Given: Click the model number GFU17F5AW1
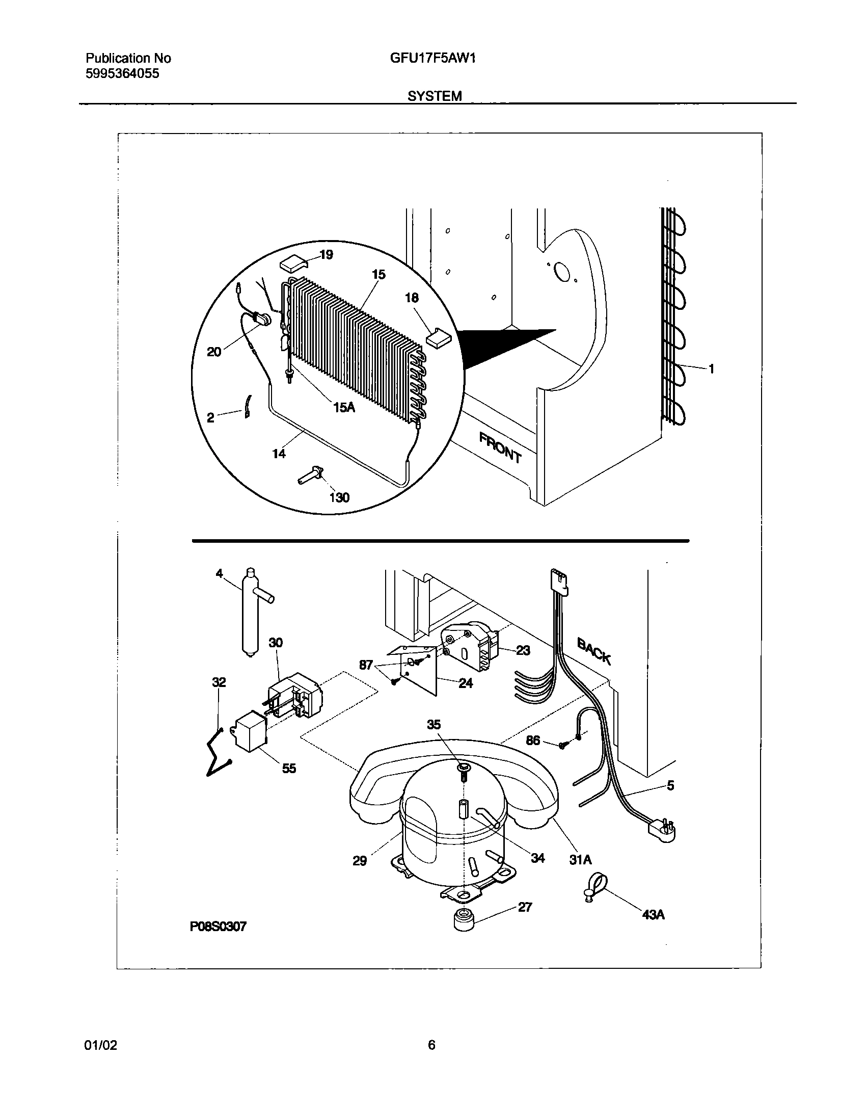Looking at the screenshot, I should tap(433, 58).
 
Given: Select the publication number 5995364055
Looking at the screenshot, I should tap(122, 74).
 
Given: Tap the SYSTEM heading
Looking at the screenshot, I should tap(435, 96).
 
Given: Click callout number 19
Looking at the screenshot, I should tap(326, 255).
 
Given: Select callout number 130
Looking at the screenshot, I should tap(339, 497).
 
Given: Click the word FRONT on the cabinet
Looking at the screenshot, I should tap(500, 447).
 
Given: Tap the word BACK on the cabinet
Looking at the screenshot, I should tap(593, 651).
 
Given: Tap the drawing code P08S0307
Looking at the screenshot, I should tap(218, 927).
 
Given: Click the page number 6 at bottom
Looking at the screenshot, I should tap(431, 1045).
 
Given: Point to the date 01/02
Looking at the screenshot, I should tap(100, 1045).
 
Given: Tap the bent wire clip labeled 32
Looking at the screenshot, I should tap(218, 755).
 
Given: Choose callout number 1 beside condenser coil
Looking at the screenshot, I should tap(711, 369).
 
